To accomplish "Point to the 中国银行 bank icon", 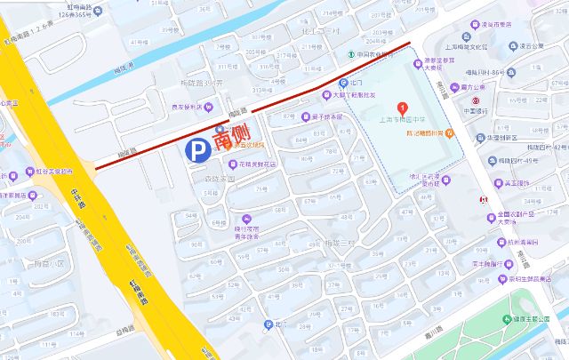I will coord(475,101).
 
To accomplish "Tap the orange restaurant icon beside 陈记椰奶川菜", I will coord(450,132).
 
